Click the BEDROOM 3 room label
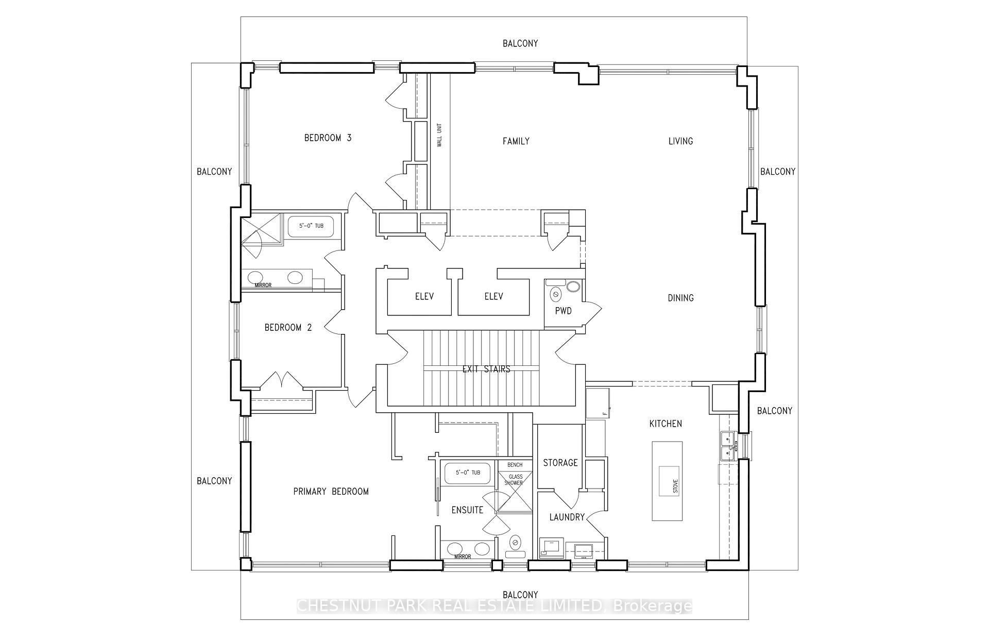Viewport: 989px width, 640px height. [328, 138]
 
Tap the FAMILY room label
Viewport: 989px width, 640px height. [516, 141]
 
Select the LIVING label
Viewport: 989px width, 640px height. [680, 141]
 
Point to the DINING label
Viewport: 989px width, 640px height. [680, 298]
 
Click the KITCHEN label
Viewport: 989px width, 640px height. [665, 424]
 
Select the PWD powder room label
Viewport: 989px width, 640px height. [563, 311]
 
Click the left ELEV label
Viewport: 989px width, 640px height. [424, 296]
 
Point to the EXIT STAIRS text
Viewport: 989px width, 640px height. [486, 369]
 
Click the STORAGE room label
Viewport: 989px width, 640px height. [560, 463]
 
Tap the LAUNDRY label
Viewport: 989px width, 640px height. [567, 517]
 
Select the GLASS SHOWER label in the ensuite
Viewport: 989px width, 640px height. [515, 480]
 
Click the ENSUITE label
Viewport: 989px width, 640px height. [467, 510]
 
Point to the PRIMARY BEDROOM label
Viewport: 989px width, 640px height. [331, 492]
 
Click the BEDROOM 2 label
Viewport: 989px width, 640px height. [288, 328]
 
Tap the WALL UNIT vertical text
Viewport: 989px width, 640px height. [439, 135]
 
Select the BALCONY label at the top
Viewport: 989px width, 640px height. [520, 44]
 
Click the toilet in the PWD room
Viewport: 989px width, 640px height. [556, 294]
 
